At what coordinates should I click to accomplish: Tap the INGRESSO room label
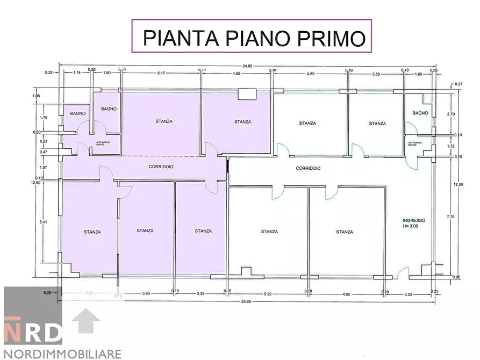[x=414, y=220]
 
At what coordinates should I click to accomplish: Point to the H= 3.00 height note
[x=414, y=227]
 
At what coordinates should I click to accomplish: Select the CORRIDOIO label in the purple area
[x=161, y=167]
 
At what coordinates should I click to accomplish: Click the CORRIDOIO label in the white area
[x=308, y=168]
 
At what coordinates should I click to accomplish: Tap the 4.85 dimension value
[x=310, y=73]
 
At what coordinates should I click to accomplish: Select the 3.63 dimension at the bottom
[x=144, y=294]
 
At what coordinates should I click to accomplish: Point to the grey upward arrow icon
[x=86, y=321]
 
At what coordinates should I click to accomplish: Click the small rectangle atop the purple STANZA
[x=247, y=95]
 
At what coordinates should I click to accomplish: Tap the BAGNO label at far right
[x=420, y=113]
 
